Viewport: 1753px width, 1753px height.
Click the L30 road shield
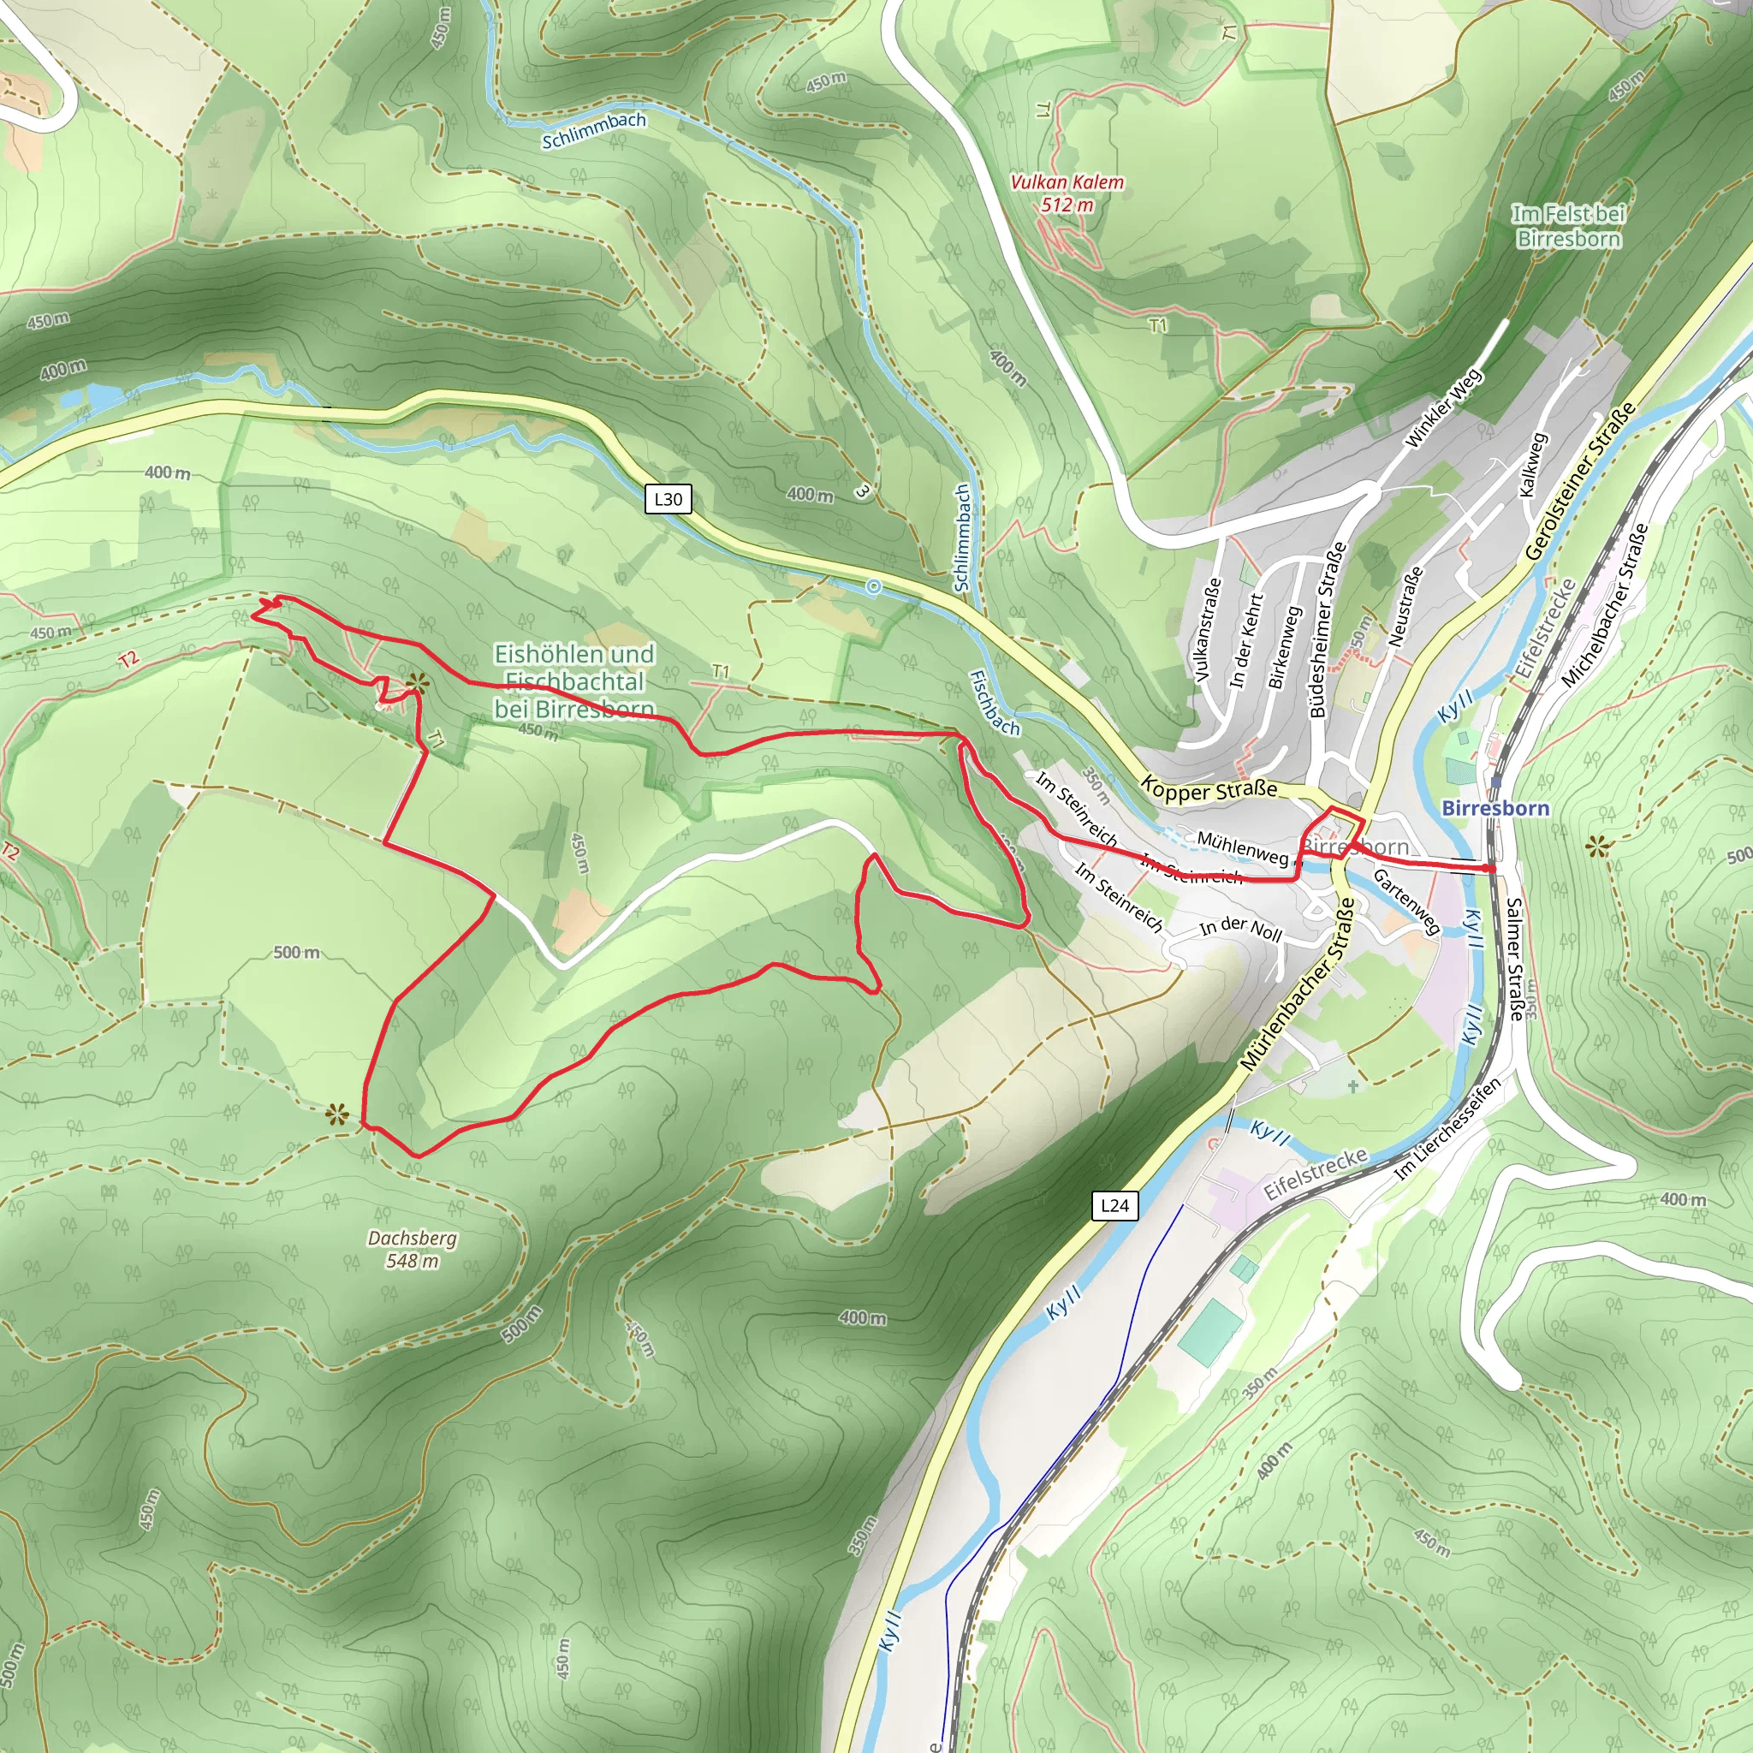click(668, 499)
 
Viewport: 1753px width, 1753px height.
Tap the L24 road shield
click(1114, 1206)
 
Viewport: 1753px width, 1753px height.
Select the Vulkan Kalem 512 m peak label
click(1067, 193)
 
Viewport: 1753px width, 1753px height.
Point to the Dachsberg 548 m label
click(412, 1250)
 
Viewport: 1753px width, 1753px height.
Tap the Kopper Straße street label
click(1209, 788)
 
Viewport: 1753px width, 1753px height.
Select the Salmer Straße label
click(1514, 959)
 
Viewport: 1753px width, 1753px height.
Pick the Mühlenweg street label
click(1242, 847)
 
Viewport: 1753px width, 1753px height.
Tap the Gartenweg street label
click(1405, 901)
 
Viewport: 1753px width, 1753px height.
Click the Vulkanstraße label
click(1208, 630)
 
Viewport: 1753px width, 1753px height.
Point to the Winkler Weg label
click(1442, 407)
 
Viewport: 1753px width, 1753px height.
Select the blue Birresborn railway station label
click(1495, 807)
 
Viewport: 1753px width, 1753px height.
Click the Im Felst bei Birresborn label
click(1569, 226)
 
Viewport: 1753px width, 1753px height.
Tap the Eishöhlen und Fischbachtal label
click(574, 680)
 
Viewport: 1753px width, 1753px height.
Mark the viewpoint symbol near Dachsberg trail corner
click(337, 1114)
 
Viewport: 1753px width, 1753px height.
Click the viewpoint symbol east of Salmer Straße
click(1598, 847)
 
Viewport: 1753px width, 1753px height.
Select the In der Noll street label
click(1240, 929)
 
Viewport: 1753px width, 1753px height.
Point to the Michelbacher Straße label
click(1604, 604)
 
